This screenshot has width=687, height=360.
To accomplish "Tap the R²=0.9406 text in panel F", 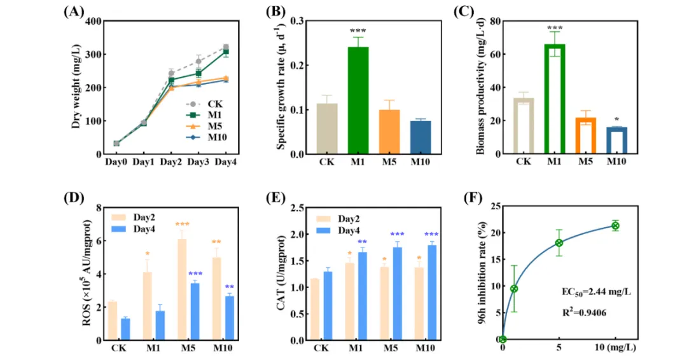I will tap(582, 314).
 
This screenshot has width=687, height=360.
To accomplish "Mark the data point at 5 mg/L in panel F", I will tap(559, 243).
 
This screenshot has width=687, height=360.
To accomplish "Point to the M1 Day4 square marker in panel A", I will tap(225, 52).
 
